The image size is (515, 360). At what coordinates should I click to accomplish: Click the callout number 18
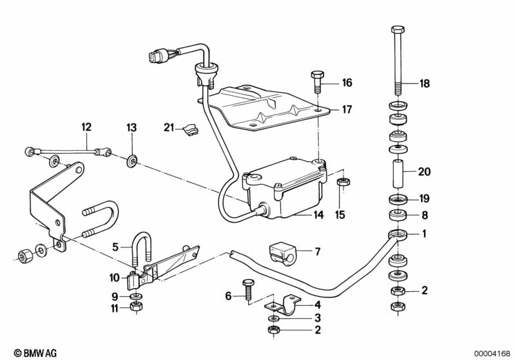(424, 84)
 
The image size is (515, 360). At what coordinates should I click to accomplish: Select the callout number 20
(424, 172)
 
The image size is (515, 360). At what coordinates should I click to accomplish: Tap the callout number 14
(318, 216)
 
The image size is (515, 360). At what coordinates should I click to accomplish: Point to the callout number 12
(86, 128)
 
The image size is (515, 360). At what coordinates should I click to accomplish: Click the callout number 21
(168, 128)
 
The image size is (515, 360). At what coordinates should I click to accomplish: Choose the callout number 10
(115, 278)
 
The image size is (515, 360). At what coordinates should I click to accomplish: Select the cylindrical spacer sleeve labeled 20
(398, 173)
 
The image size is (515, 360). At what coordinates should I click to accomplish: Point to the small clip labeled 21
(190, 130)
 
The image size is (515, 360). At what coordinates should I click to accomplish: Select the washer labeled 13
(131, 158)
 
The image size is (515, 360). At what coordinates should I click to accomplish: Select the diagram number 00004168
(492, 353)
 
